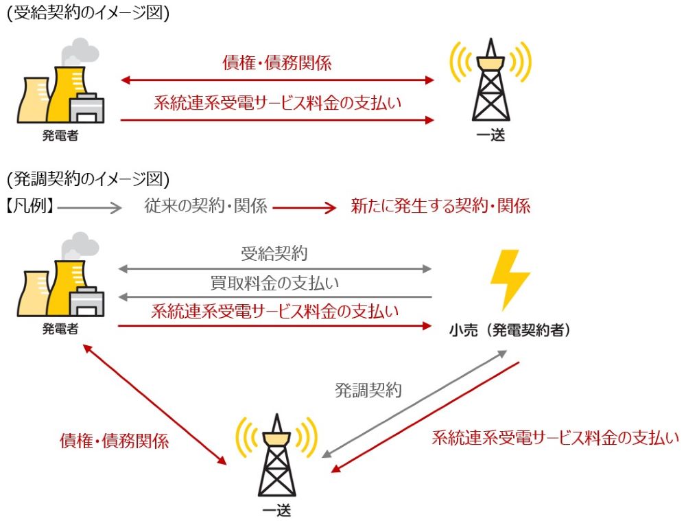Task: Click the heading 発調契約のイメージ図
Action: coord(87,179)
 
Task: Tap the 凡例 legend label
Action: coord(31,205)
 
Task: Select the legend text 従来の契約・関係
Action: coord(206,205)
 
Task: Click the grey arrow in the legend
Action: coord(89,206)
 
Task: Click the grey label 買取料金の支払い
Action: coord(274,283)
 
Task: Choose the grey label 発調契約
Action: coord(368,390)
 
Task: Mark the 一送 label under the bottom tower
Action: coord(276,509)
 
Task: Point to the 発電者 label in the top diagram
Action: coord(60,135)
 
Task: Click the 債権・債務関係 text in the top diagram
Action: coord(277,64)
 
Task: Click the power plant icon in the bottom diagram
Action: coord(62,278)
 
